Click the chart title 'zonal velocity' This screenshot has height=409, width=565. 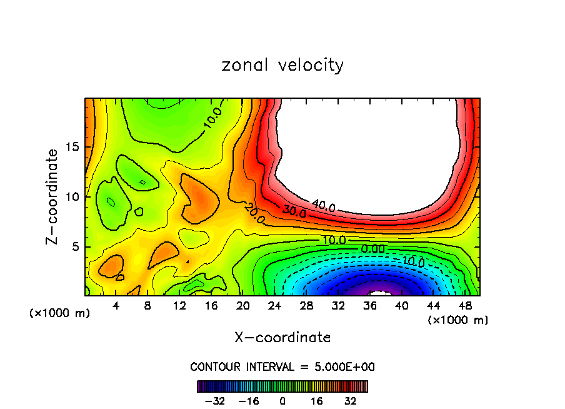282,65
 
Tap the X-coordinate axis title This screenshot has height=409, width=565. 282,338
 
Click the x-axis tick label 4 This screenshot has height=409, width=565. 114,306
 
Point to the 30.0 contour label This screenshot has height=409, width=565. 294,211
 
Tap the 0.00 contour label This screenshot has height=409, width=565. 373,248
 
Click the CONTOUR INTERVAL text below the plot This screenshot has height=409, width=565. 282,366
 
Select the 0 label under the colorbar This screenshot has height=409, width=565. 282,401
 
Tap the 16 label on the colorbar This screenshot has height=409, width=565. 317,401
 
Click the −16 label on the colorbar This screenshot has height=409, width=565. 248,401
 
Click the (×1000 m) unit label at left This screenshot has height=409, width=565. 60,313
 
